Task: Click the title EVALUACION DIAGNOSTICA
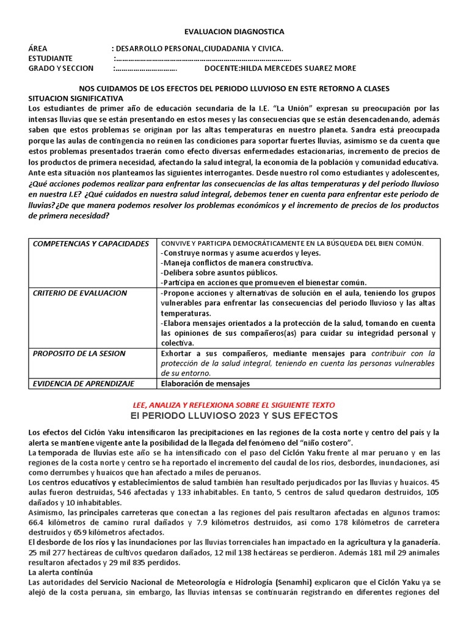tap(234, 32)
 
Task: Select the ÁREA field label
tap(38, 49)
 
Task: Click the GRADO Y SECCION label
tap(61, 68)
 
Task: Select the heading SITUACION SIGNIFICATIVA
tap(76, 98)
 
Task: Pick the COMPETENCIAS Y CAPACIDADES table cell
tap(90, 244)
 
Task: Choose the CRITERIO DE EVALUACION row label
tap(79, 293)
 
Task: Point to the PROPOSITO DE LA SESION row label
tap(79, 353)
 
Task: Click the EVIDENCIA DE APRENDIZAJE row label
tap(83, 383)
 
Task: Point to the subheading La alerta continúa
tap(60, 573)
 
